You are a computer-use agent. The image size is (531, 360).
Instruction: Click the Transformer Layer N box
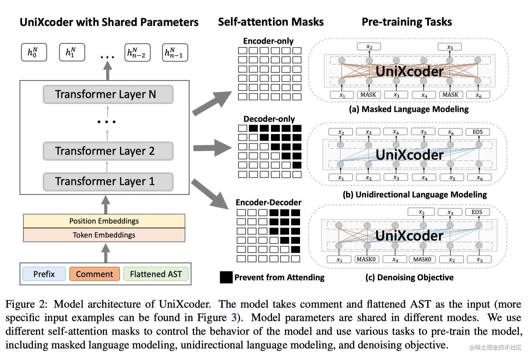(x=108, y=95)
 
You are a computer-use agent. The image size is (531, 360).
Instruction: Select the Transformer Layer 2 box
(x=108, y=151)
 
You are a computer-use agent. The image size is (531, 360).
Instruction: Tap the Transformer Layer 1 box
(x=108, y=182)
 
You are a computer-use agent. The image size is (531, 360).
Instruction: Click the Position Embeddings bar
(x=104, y=221)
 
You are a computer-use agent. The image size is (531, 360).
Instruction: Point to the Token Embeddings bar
(x=104, y=235)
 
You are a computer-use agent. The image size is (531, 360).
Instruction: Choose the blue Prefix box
(x=44, y=274)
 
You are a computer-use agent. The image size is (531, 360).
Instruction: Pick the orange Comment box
(x=95, y=274)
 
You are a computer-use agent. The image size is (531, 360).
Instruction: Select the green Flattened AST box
(x=156, y=274)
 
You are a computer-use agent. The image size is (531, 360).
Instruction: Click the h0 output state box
(x=34, y=52)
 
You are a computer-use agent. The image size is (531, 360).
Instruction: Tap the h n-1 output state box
(x=175, y=52)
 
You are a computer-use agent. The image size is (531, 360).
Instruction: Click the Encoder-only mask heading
(x=268, y=41)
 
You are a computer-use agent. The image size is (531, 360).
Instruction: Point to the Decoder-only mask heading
(x=269, y=119)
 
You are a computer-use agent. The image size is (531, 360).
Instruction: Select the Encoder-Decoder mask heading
(x=268, y=202)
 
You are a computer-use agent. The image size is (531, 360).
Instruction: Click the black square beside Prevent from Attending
(x=226, y=277)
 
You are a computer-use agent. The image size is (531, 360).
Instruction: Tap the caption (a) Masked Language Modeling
(x=409, y=109)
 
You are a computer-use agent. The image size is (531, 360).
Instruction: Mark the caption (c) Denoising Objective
(x=409, y=277)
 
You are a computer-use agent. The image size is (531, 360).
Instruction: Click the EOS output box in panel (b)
(x=478, y=132)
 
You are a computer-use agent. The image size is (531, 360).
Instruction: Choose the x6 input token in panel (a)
(x=478, y=95)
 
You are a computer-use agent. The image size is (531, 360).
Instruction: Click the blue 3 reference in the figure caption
(x=234, y=318)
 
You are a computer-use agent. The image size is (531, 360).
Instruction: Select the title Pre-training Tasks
(x=407, y=22)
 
